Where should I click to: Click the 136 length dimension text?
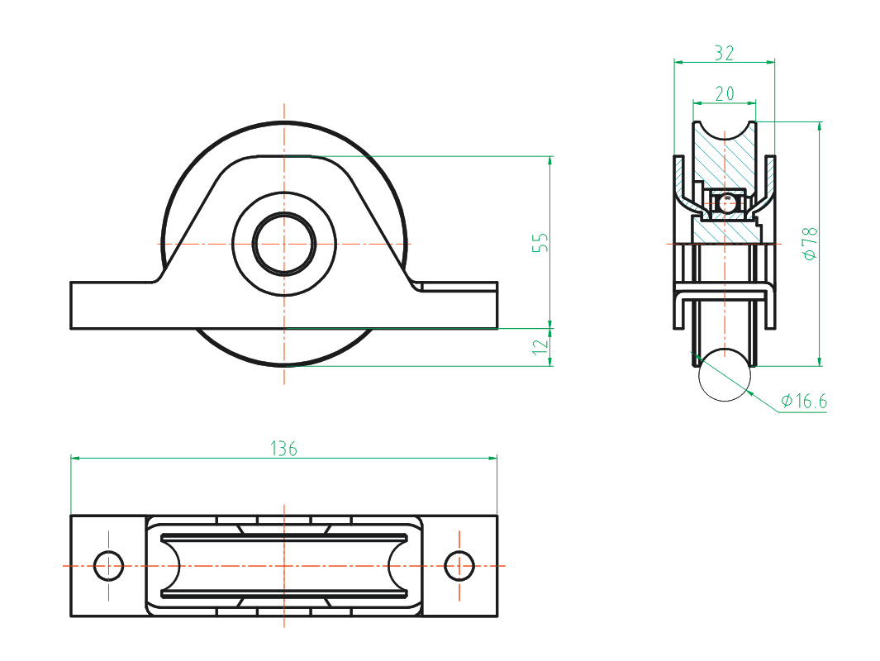(x=283, y=449)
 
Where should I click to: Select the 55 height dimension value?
(x=540, y=242)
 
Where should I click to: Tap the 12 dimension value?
(x=540, y=347)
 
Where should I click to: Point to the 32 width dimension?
(x=725, y=53)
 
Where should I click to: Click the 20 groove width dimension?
(x=725, y=94)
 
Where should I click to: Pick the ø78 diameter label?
(x=810, y=244)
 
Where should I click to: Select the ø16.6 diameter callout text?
(x=804, y=402)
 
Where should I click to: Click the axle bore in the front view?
(x=284, y=244)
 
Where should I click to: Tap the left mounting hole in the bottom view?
(x=109, y=566)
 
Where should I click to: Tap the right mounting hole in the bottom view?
(x=459, y=566)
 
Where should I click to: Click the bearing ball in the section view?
(x=726, y=202)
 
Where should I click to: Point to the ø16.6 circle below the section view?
(x=725, y=375)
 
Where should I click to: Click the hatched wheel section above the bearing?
(x=725, y=157)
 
